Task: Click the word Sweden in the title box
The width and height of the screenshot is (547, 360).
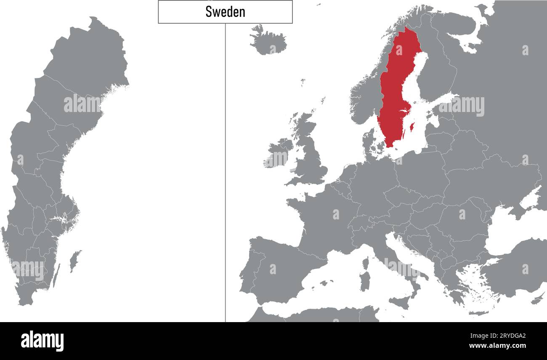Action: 225,12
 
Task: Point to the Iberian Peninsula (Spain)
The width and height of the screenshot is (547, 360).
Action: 278,269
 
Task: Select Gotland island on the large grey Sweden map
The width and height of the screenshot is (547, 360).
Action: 75,260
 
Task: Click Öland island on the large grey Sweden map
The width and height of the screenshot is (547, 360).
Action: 55,276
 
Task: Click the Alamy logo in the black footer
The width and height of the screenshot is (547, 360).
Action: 42,341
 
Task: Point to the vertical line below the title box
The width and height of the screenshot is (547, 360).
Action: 225,168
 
